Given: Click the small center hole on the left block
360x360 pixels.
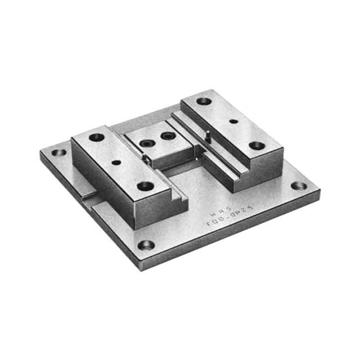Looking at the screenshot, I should pos(116,162).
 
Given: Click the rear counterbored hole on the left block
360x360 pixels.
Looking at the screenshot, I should pos(96,137).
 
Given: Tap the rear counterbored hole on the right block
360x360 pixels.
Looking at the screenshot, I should pos(204,101).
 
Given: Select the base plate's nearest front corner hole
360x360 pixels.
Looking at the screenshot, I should pos(146,245).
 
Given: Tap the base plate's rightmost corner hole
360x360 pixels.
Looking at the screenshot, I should pos(299,186).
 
